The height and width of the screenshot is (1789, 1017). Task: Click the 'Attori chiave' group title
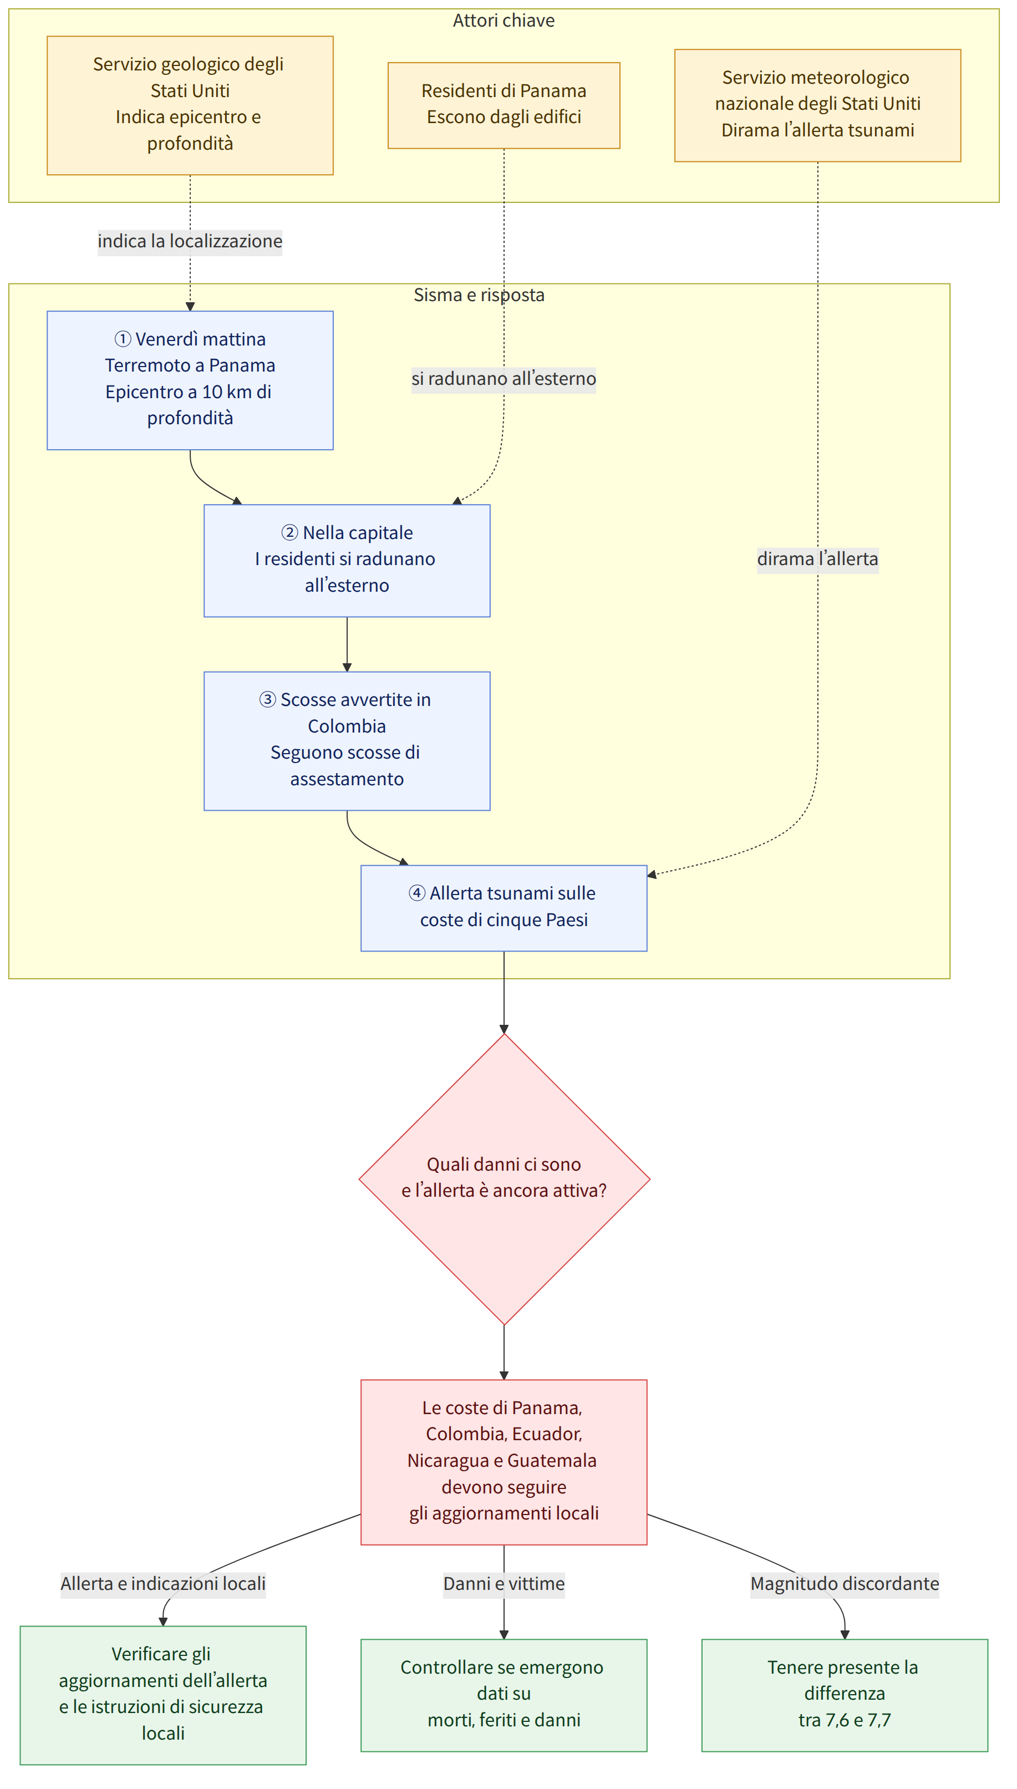pyautogui.click(x=504, y=21)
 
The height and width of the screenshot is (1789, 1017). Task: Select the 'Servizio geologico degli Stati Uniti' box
pyautogui.click(x=190, y=105)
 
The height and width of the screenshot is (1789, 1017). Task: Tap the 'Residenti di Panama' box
pyautogui.click(x=504, y=105)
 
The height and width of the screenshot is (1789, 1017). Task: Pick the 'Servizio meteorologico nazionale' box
pyautogui.click(x=817, y=105)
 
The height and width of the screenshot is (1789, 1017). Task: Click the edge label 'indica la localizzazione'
pyautogui.click(x=190, y=241)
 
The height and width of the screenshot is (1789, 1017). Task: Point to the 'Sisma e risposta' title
pyautogui.click(x=479, y=295)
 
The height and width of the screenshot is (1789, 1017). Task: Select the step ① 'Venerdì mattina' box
pyautogui.click(x=190, y=380)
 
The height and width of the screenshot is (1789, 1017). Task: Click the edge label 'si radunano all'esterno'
pyautogui.click(x=504, y=379)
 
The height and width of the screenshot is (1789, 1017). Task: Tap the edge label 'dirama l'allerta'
pyautogui.click(x=817, y=559)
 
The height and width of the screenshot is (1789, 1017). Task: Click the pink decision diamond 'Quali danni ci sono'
pyautogui.click(x=504, y=1178)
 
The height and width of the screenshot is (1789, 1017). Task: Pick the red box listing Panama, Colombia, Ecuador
pyautogui.click(x=504, y=1461)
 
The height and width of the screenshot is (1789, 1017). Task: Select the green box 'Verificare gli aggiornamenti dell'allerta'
pyautogui.click(x=162, y=1695)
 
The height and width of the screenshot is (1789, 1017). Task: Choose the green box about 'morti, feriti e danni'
pyautogui.click(x=504, y=1695)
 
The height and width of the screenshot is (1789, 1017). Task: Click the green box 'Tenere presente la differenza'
pyautogui.click(x=845, y=1695)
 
